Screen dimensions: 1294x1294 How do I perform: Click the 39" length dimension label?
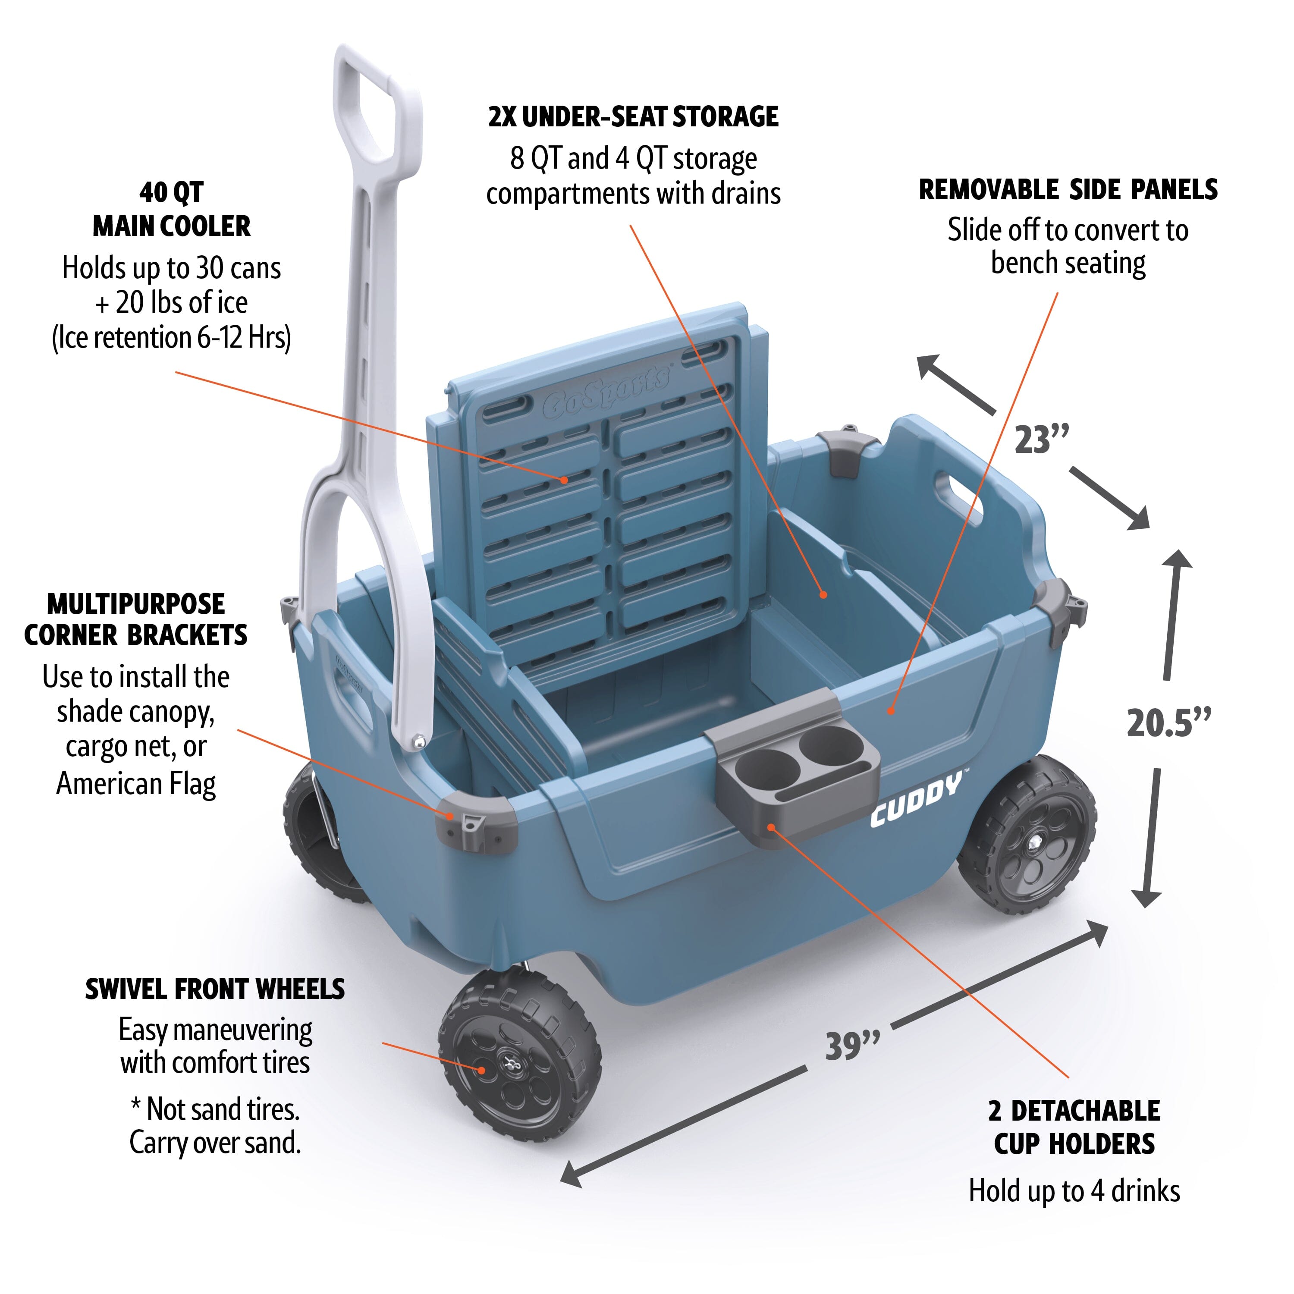click(x=852, y=1046)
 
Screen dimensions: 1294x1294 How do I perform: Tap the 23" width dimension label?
click(x=1042, y=440)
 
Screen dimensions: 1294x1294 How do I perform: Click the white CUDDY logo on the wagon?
click(x=916, y=801)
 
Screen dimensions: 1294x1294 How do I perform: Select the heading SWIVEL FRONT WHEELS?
click(x=215, y=989)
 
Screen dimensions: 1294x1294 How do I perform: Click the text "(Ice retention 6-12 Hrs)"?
click(x=172, y=338)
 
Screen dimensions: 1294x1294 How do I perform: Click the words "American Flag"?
click(x=136, y=783)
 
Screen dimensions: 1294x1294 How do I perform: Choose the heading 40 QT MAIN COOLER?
click(x=172, y=209)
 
